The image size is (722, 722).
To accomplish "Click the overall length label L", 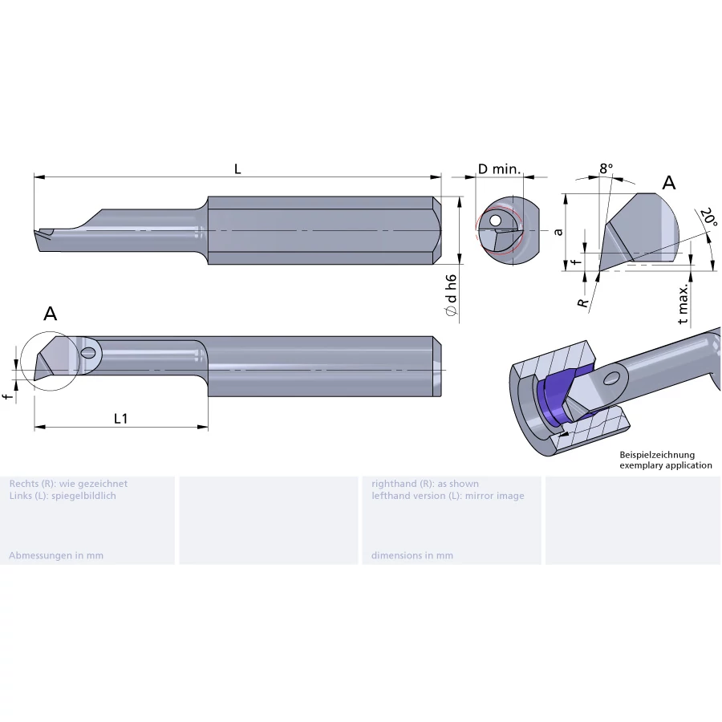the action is (x=237, y=169).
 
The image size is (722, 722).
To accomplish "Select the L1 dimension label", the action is (x=120, y=419).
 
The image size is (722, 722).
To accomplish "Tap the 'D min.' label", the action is (x=499, y=169).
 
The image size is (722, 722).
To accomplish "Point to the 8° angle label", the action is (x=606, y=168).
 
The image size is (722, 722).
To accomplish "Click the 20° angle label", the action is (x=708, y=217).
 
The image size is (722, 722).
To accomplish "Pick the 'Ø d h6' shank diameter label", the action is (x=451, y=295).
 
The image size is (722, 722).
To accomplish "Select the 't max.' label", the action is (x=683, y=304).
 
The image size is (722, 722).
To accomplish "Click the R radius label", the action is (x=583, y=303).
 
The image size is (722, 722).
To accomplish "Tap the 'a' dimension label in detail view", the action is (x=558, y=232).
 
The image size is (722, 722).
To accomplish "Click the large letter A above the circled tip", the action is (x=51, y=314).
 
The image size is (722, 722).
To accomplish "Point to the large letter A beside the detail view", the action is (x=668, y=183).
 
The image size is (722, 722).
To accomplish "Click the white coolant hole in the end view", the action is (x=495, y=221).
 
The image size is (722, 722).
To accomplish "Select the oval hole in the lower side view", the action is (x=88, y=354).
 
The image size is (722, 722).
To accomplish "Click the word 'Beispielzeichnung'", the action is (x=657, y=455).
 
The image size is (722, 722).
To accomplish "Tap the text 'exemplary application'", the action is (x=666, y=465).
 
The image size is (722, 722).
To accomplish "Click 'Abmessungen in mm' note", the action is (x=56, y=555).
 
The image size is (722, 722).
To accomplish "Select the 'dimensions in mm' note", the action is (x=412, y=555).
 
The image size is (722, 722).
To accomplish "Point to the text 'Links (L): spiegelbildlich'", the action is (x=63, y=496).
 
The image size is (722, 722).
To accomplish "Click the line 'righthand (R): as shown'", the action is (x=425, y=484).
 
